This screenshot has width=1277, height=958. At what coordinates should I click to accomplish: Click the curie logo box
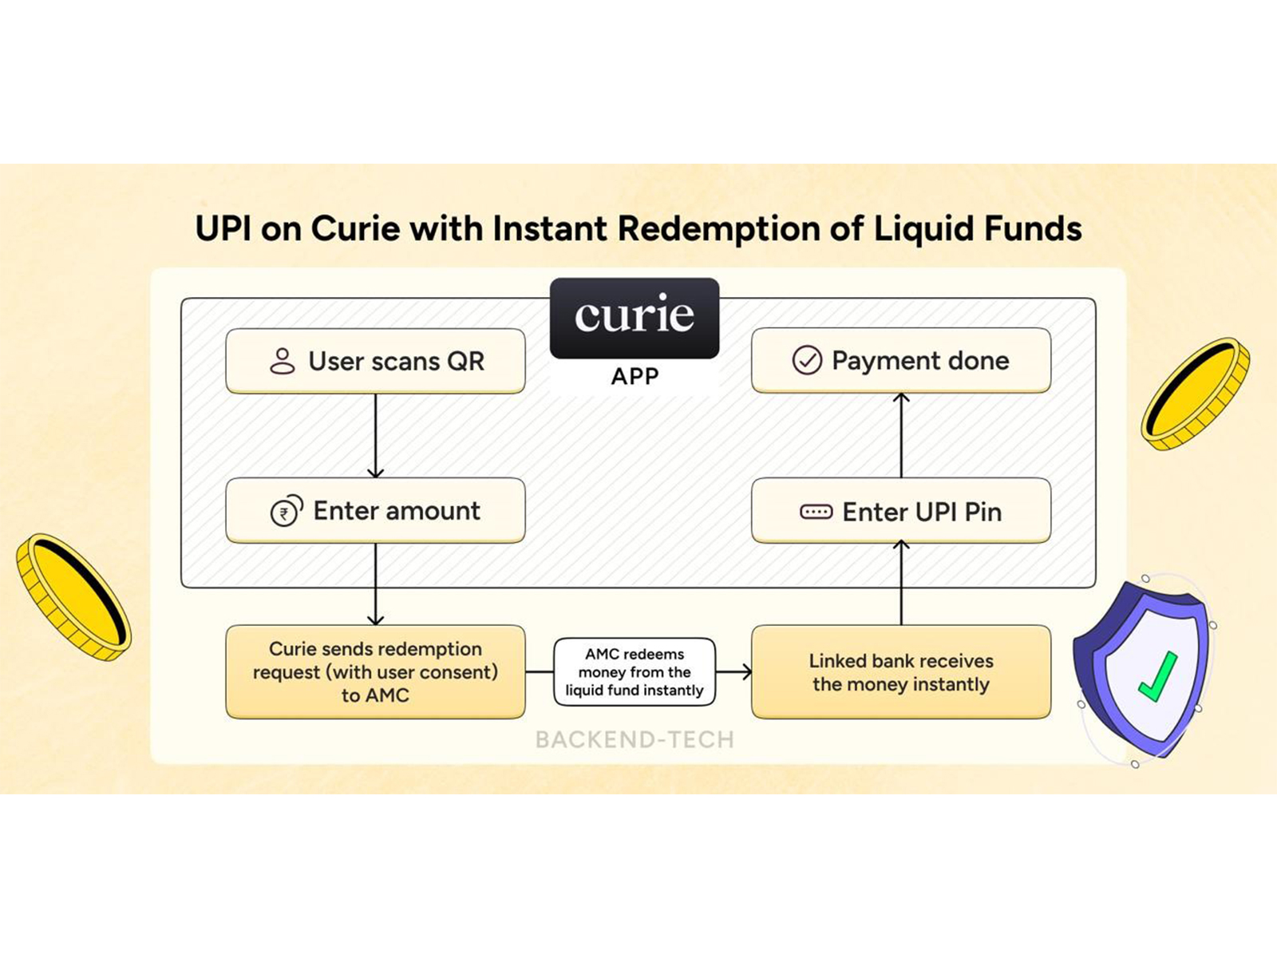pyautogui.click(x=635, y=318)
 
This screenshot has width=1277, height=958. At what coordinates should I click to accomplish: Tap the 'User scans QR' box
pyautogui.click(x=375, y=361)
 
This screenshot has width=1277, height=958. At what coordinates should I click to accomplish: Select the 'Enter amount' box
pyautogui.click(x=375, y=511)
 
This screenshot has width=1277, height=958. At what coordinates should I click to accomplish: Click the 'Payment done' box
pyautogui.click(x=901, y=360)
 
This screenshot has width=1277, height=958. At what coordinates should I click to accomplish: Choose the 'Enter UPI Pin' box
pyautogui.click(x=901, y=511)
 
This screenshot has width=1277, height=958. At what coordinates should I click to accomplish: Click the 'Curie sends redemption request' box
pyautogui.click(x=375, y=672)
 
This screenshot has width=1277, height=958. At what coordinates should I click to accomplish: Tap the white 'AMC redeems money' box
pyautogui.click(x=635, y=672)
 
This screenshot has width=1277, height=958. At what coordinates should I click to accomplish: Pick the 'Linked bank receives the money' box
pyautogui.click(x=901, y=672)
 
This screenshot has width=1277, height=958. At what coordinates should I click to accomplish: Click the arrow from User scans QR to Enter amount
pyautogui.click(x=375, y=436)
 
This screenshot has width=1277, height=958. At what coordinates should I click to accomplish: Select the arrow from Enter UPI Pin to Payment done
pyautogui.click(x=901, y=436)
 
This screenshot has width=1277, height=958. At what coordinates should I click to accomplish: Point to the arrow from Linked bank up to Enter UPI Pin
pyautogui.click(x=901, y=584)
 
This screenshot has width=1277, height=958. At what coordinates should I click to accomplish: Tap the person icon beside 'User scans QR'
pyautogui.click(x=282, y=361)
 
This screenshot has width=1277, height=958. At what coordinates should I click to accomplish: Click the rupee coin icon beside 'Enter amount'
pyautogui.click(x=286, y=511)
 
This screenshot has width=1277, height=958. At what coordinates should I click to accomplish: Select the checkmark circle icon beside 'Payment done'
pyautogui.click(x=807, y=360)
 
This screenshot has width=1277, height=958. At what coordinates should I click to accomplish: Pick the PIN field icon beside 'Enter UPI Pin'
pyautogui.click(x=816, y=512)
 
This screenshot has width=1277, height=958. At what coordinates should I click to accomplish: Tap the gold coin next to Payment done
pyautogui.click(x=1195, y=394)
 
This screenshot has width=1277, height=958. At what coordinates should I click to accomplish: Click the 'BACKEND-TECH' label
pyautogui.click(x=635, y=740)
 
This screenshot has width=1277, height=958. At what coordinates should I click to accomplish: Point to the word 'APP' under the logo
pyautogui.click(x=635, y=376)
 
